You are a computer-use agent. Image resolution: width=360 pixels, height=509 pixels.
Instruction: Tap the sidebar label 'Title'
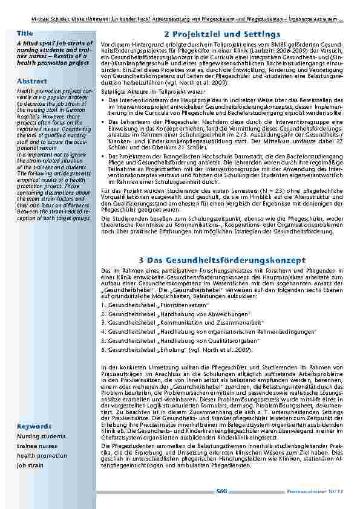25,33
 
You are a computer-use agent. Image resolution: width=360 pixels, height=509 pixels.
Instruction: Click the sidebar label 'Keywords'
34,426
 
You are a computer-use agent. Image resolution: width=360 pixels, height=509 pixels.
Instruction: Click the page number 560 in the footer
221,491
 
